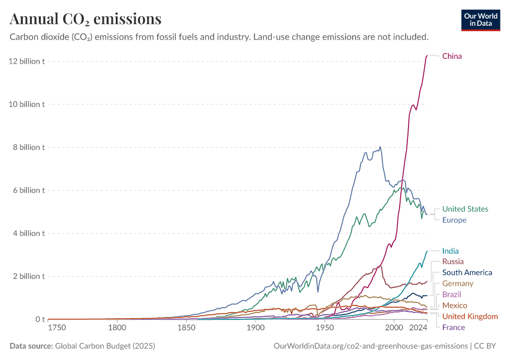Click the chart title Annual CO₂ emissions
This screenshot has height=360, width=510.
click(85, 19)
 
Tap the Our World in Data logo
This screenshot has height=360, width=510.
click(480, 20)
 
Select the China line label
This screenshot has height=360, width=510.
click(452, 56)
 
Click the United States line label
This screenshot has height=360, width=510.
click(465, 209)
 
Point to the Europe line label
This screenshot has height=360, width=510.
click(454, 220)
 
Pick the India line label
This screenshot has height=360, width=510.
click(451, 251)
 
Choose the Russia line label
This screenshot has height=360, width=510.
click(452, 262)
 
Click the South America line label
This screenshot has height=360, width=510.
click(467, 272)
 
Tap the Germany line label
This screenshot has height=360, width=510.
click(457, 283)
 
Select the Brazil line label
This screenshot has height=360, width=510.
click(452, 295)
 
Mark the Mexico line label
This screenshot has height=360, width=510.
click(454, 305)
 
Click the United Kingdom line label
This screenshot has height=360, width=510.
click(470, 316)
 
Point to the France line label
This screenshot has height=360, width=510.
click(454, 327)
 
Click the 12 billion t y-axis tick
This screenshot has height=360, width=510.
click(26, 61)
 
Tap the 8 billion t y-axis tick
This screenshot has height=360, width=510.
click(28, 147)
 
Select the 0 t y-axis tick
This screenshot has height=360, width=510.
click(39, 319)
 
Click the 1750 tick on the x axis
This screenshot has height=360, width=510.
click(57, 328)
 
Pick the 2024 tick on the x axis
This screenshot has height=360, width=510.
click(418, 328)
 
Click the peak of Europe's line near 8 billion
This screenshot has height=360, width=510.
click(380, 147)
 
